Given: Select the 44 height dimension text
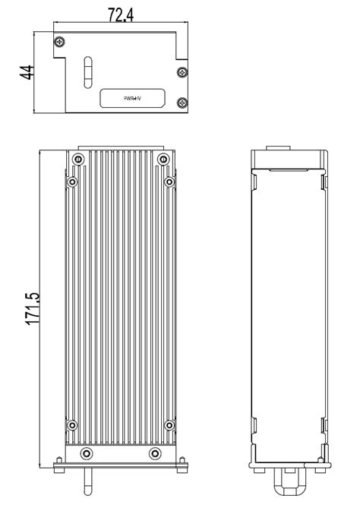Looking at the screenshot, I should click(26, 73).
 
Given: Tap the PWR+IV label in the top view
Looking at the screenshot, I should click(133, 99).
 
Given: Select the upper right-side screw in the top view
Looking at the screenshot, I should click(181, 72).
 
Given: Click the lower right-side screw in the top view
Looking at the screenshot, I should click(181, 102).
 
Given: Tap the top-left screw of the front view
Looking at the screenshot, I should click(77, 159).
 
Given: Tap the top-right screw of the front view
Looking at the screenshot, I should click(163, 159).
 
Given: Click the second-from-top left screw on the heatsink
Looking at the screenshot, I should click(72, 182).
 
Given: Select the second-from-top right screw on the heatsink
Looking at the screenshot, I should click(169, 182).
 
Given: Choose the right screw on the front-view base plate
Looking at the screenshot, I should click(155, 453).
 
